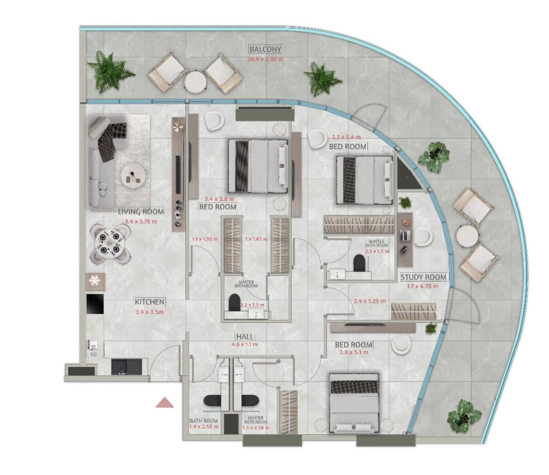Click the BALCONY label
265,49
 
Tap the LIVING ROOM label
140,212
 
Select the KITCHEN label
149,302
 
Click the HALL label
245,336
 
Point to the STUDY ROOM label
423,277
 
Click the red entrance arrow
165,402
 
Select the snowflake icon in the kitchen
95,281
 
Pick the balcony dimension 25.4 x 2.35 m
265,59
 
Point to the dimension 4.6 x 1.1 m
245,344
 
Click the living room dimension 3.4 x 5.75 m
140,221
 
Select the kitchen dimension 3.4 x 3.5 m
149,311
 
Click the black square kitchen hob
95,303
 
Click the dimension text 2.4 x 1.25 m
370,301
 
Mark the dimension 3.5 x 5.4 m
346,137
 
